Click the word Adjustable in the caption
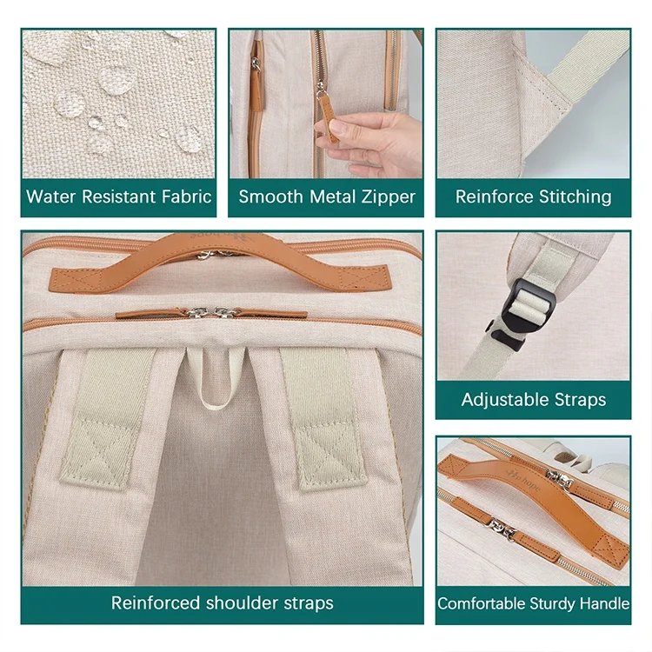(x=499, y=401)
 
